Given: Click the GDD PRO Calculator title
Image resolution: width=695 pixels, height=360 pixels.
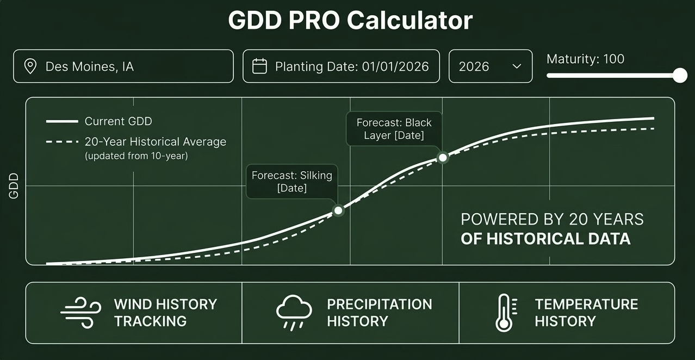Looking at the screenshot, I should click(x=350, y=21).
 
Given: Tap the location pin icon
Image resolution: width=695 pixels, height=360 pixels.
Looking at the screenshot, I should click(x=30, y=66).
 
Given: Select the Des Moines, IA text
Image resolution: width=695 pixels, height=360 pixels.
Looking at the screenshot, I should click(x=90, y=67).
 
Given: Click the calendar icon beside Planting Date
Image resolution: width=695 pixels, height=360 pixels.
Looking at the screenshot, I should click(x=260, y=66).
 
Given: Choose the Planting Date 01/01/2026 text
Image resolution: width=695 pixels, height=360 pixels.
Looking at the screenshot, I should click(x=352, y=67).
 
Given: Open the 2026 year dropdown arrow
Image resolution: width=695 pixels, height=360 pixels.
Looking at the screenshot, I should click(x=517, y=66).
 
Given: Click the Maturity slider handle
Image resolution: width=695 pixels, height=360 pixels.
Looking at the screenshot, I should click(x=680, y=76).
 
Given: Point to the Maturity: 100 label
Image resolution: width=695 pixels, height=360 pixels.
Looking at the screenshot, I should click(x=585, y=59).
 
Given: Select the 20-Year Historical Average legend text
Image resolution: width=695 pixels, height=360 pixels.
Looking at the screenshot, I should click(x=155, y=142).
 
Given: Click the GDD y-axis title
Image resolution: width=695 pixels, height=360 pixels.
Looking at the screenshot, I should click(x=14, y=185).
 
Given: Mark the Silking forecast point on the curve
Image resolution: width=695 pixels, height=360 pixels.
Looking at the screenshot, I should click(x=338, y=210).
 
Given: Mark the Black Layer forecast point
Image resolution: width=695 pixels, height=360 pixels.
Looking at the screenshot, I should click(x=443, y=158).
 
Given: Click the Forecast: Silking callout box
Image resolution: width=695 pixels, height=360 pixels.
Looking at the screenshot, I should click(x=292, y=182).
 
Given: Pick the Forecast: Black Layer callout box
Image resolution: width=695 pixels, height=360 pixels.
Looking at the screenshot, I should click(x=394, y=129).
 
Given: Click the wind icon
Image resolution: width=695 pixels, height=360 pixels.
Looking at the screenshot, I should click(x=80, y=313).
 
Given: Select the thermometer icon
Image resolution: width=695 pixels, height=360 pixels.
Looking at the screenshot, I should click(x=504, y=313).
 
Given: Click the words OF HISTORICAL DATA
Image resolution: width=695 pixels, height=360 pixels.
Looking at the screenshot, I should click(x=545, y=239).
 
